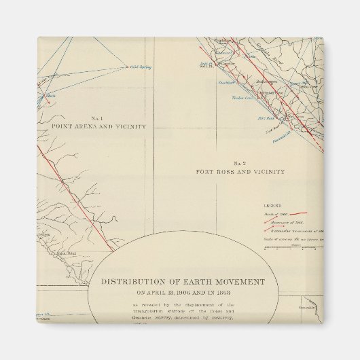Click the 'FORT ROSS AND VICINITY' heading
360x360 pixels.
click(x=240, y=172)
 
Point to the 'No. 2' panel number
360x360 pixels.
click(x=239, y=163)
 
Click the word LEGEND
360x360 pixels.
click(x=272, y=204)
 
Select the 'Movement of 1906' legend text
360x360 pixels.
click(x=279, y=221)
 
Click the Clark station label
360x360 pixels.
click(x=50, y=96)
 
